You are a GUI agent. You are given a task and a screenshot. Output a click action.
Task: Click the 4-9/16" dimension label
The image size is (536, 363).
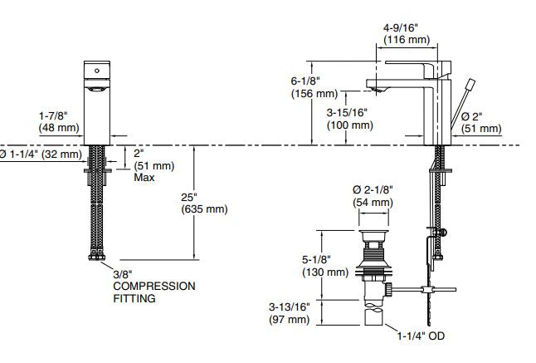pyautogui.click(x=403, y=27)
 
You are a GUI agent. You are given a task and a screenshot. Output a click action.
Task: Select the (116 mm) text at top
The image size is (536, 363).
pyautogui.click(x=404, y=39)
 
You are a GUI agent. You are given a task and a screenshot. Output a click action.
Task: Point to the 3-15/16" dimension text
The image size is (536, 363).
pyautogui.click(x=348, y=113)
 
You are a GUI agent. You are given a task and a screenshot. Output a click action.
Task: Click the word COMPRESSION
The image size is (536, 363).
pyautogui.click(x=154, y=286)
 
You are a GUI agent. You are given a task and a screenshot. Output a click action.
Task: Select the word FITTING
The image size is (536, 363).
pyautogui.click(x=134, y=297)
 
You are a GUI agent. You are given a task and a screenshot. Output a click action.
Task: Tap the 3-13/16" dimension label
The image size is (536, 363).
pyautogui.click(x=290, y=307)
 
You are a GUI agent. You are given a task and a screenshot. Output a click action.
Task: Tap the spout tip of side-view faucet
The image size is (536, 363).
pyautogui.click(x=375, y=88)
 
